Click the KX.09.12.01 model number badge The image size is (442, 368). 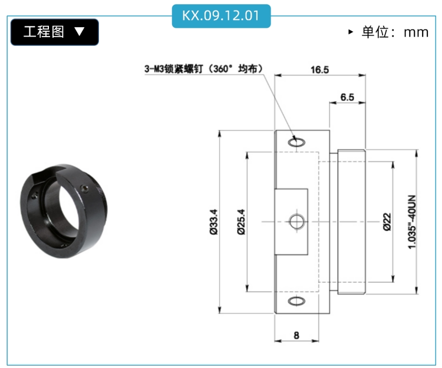tap(221, 16)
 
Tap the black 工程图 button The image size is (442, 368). tap(55, 32)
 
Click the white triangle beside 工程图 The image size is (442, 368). tap(80, 31)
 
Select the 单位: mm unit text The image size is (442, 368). tap(395, 32)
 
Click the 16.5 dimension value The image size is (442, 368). tap(319, 69)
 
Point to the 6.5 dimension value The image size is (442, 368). tap(347, 97)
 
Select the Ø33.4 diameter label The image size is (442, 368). tap(214, 221)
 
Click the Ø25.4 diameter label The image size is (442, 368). tap(241, 221)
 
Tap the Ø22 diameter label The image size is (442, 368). tap(387, 222)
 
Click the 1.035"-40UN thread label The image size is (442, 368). tap(412, 222)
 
